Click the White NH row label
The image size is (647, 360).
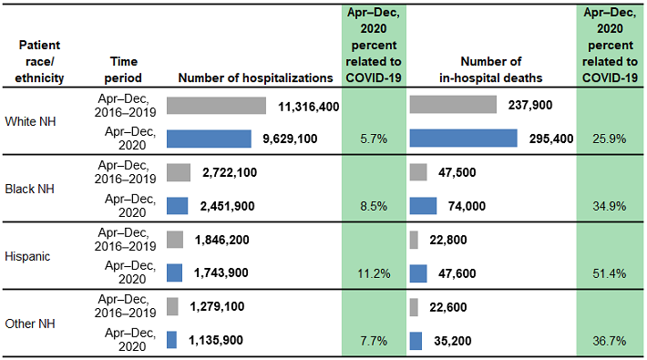click(30, 122)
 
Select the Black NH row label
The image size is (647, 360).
click(30, 189)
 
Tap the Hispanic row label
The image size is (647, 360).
click(29, 256)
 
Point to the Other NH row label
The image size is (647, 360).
click(30, 323)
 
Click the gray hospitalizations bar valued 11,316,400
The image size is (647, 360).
click(216, 106)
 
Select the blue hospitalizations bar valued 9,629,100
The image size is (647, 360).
click(209, 139)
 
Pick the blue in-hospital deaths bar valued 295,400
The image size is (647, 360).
click(463, 139)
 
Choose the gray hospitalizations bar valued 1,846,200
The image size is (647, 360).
click(175, 240)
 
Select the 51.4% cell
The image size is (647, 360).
click(609, 273)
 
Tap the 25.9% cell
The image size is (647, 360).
click(609, 139)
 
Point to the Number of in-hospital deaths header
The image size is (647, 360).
click(490, 69)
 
